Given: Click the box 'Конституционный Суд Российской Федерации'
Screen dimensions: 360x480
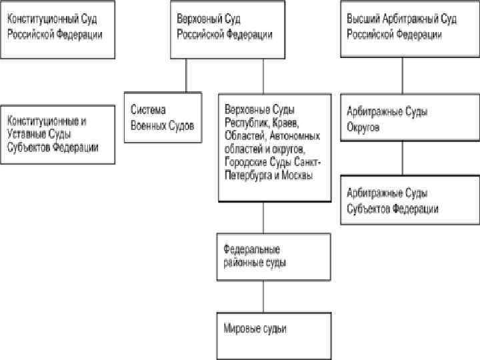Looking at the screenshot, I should point(59,29).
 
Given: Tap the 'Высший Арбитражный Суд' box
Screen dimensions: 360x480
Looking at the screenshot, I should point(401,29).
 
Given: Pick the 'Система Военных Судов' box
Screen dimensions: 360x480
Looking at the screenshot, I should point(163,118).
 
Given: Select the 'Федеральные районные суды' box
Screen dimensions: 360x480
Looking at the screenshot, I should point(273,257).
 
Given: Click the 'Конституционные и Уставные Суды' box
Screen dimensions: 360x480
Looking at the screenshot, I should point(59,134).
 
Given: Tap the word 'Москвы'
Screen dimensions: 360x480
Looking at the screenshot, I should point(297,175).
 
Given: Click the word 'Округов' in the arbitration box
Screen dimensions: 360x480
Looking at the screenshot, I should point(363,127).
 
